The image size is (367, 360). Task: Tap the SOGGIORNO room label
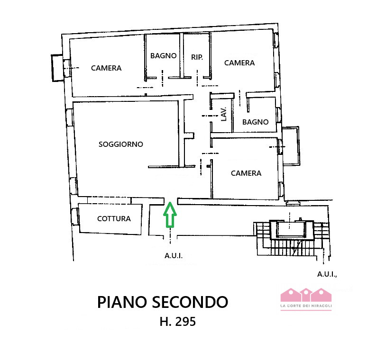(120, 144)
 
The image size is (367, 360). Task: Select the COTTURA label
(114, 218)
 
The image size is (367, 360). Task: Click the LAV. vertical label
(224, 114)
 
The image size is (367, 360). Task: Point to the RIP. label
(197, 57)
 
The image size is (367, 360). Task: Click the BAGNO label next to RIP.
(164, 55)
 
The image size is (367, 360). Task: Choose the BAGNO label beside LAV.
(255, 122)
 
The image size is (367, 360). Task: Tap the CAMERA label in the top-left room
(106, 68)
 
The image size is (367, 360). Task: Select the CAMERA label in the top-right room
(239, 63)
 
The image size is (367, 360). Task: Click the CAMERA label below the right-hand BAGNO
(246, 173)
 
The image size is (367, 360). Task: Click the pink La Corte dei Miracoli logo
(306, 298)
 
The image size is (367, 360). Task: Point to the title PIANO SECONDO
(163, 302)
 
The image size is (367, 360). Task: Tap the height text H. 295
(178, 322)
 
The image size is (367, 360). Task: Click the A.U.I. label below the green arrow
(174, 256)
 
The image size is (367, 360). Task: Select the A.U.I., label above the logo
(327, 274)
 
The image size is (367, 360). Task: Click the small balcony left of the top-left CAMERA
(57, 67)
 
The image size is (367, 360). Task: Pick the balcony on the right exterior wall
(291, 146)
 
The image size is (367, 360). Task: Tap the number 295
(185, 322)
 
